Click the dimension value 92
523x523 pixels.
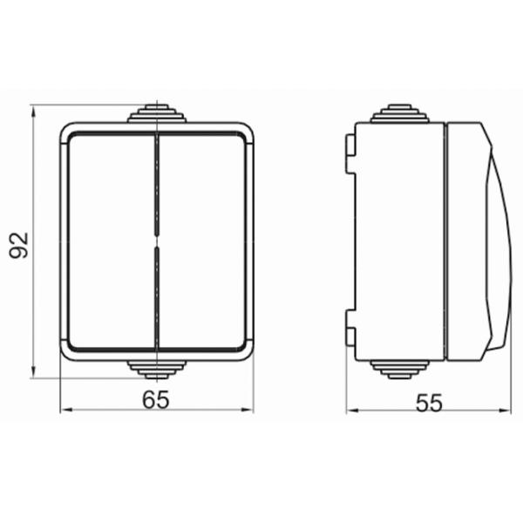[x=19, y=245]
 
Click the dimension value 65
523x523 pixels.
[x=156, y=399]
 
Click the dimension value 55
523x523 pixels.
[x=429, y=403]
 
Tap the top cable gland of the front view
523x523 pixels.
[x=156, y=113]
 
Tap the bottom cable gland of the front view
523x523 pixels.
[x=156, y=370]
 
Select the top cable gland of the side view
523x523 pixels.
[x=400, y=113]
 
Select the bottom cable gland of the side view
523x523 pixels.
[x=400, y=370]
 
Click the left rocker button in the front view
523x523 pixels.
[x=112, y=241]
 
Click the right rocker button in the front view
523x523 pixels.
[x=202, y=241]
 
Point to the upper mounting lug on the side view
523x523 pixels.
[x=350, y=153]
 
